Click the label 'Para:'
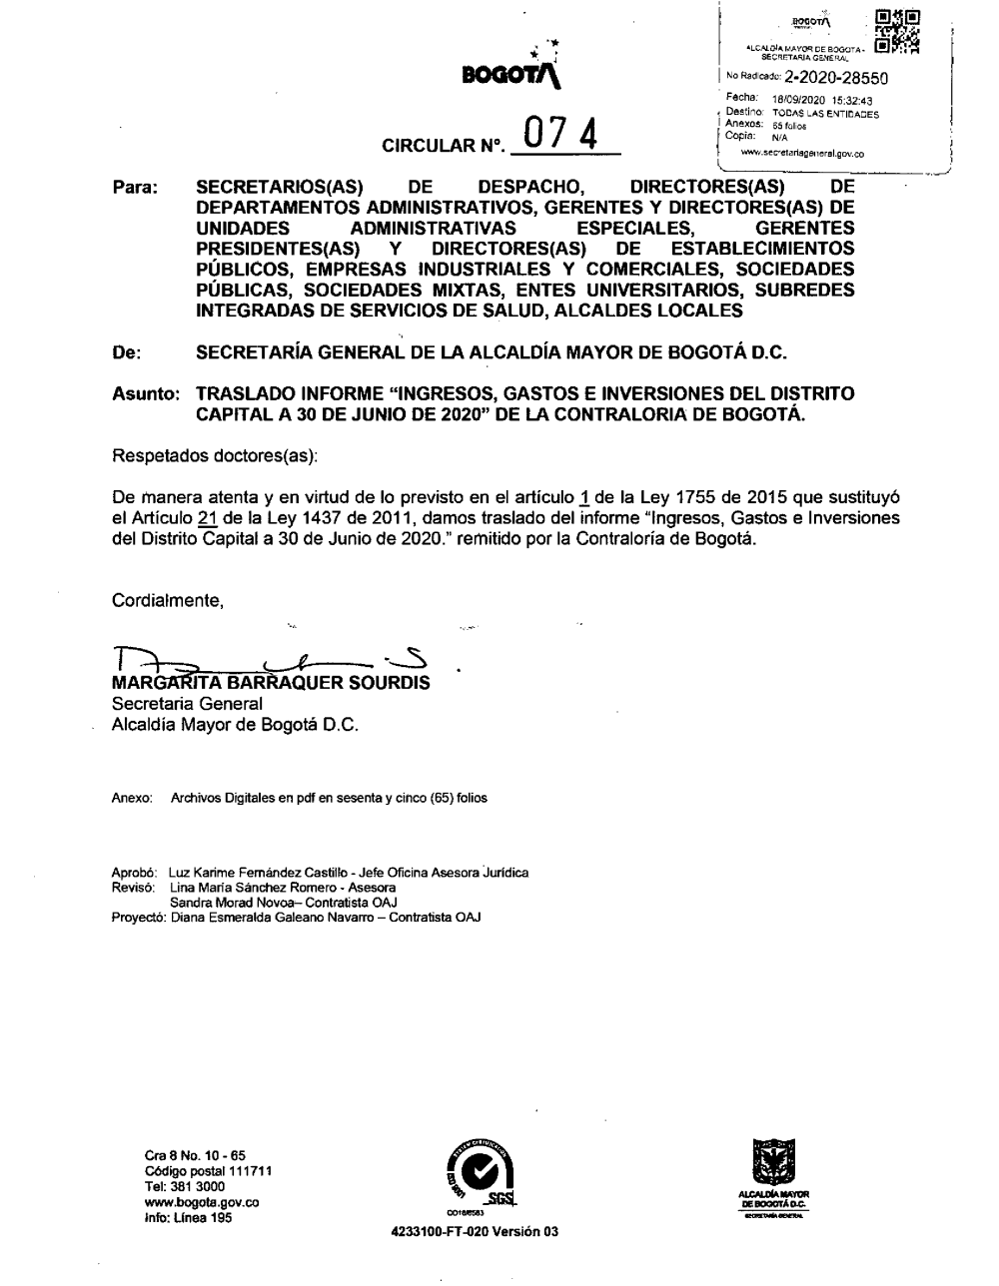[x=136, y=188]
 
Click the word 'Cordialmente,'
[x=167, y=600]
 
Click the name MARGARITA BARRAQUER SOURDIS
[x=271, y=684]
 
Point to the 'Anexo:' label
[x=131, y=799]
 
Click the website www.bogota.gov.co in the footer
[x=203, y=1203]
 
